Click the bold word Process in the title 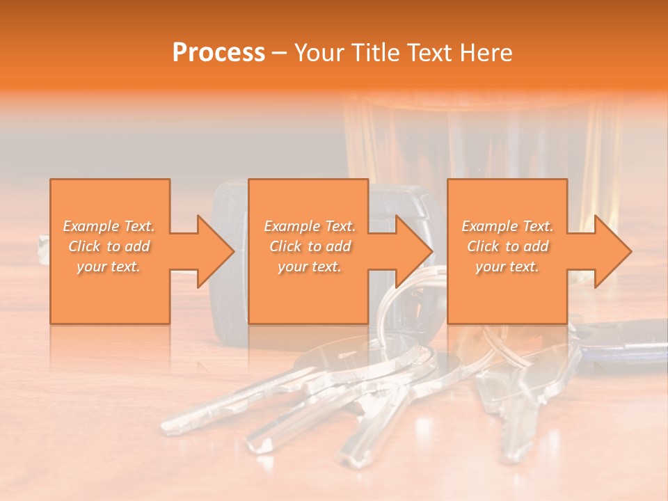218,52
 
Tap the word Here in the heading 487,52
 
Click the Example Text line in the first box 109,226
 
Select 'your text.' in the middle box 308,267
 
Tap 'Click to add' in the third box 507,246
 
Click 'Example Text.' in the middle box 308,226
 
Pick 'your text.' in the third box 507,267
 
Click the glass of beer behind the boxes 480,139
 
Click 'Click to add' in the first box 109,246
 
